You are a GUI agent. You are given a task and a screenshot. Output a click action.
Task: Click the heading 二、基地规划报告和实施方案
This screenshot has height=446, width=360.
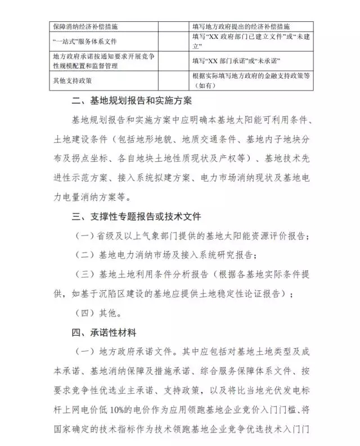pos(132,101)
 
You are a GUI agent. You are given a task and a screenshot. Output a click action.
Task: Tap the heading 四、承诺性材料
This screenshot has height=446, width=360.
pos(103,332)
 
